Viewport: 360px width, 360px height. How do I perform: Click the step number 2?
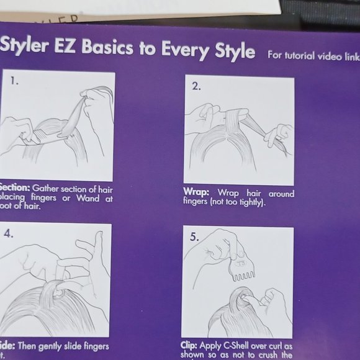click(196, 86)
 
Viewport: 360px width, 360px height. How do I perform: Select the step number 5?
click(194, 236)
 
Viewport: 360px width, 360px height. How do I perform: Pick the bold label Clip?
click(191, 346)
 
